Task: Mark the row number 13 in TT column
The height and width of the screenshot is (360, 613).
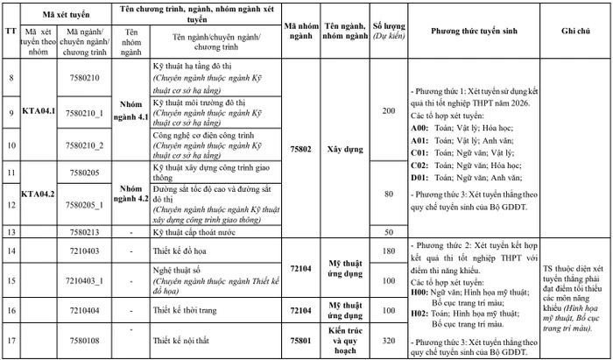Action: click(x=11, y=231)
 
